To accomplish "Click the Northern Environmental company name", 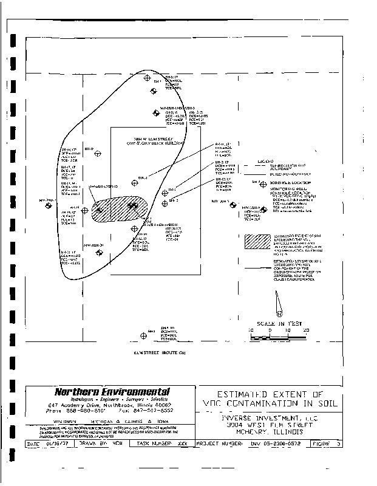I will (x=112, y=392).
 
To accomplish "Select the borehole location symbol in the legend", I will (x=263, y=183).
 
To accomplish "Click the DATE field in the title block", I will (x=48, y=444).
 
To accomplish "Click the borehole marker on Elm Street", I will (x=143, y=335).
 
